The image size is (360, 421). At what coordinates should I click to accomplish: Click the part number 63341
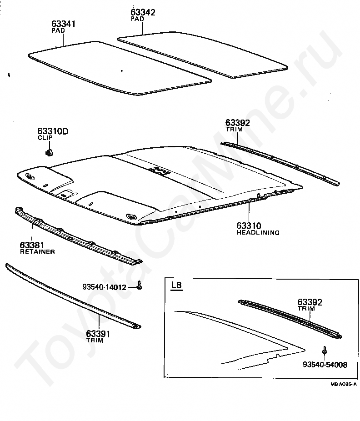point(64,23)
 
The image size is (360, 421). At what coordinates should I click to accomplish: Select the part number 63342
point(143,12)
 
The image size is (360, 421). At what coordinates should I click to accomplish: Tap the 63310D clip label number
point(53,132)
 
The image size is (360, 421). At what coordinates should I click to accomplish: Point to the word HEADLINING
point(258,232)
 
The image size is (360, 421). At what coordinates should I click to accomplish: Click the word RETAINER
point(37,251)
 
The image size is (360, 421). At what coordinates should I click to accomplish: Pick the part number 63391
point(98,334)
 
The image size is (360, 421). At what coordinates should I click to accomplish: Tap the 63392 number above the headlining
point(238,123)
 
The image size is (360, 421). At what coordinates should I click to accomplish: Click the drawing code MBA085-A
point(343,385)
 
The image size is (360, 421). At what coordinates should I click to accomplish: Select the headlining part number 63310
point(249,226)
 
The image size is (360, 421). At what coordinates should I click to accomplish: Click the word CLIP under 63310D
point(45,138)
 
